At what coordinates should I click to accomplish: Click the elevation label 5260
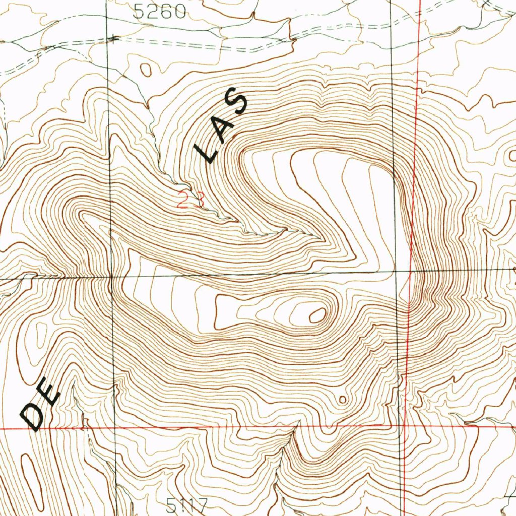159,12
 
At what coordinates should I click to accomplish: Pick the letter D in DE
32,418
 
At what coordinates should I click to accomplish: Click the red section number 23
191,201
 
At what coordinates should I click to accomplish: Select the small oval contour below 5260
146,70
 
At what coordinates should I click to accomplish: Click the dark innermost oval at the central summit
317,315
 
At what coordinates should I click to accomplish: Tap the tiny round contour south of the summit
343,400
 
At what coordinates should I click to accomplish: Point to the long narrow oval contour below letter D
31,472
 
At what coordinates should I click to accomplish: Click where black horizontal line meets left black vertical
110,276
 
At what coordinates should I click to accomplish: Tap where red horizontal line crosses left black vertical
115,428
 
